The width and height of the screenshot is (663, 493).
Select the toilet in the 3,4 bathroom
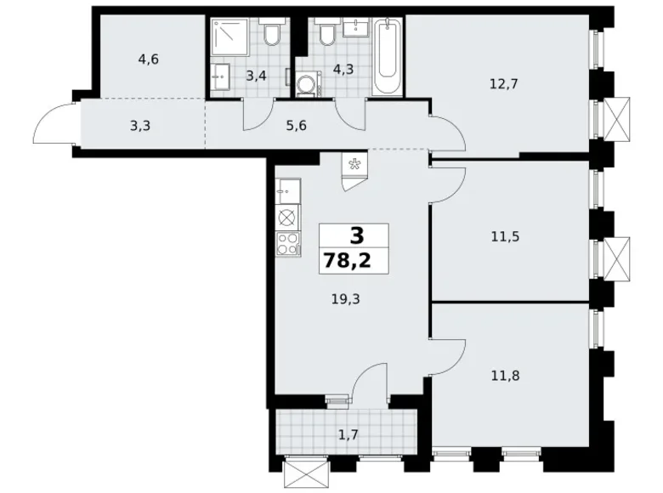(x=273, y=35)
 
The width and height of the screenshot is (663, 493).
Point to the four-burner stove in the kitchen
(x=287, y=244)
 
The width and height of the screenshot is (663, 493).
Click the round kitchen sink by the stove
(x=287, y=217)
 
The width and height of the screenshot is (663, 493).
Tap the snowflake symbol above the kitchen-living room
(x=354, y=163)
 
